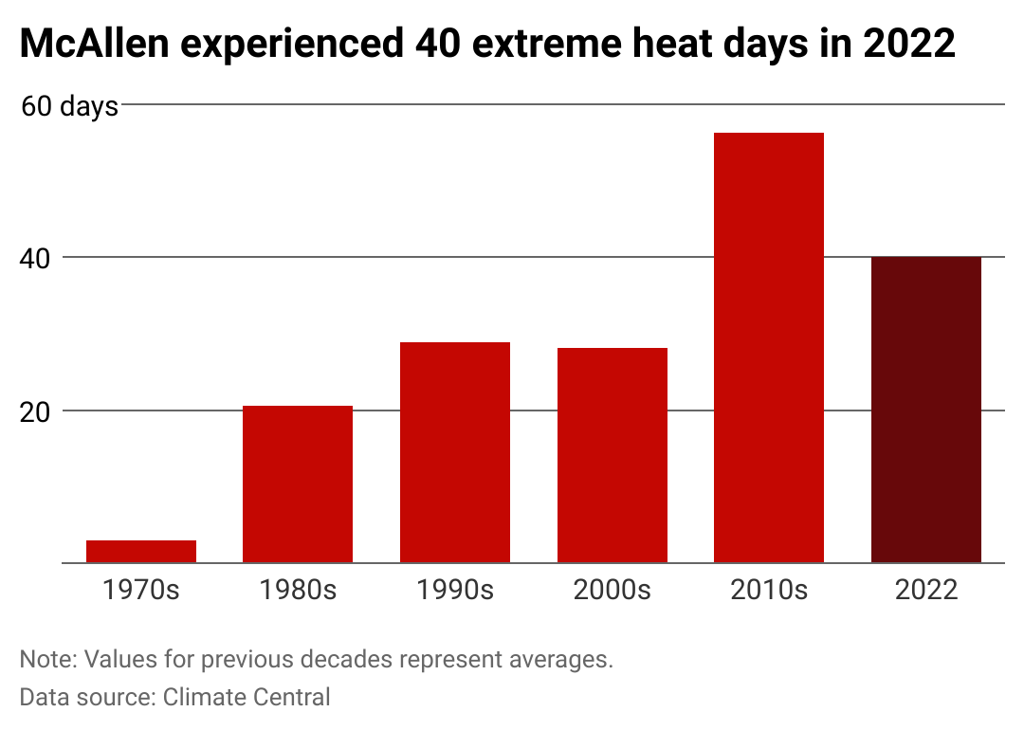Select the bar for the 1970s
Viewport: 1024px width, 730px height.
click(141, 552)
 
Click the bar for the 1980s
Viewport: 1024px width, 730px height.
click(298, 484)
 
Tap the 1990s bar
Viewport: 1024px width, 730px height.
click(455, 452)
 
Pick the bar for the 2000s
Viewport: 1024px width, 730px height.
click(612, 456)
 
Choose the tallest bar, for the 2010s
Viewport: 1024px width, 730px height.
click(769, 348)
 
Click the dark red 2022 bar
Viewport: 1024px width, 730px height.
click(926, 411)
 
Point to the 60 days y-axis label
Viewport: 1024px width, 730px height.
click(69, 106)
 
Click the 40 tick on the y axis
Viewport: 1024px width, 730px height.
click(35, 259)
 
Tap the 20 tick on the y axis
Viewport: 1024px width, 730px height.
click(35, 412)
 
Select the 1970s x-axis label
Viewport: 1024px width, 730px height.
click(141, 590)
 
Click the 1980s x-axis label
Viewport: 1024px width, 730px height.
click(298, 590)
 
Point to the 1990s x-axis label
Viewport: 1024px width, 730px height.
click(455, 590)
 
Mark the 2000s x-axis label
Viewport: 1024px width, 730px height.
click(612, 590)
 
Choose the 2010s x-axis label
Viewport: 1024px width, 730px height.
click(769, 590)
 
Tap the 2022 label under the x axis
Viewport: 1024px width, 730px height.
click(926, 590)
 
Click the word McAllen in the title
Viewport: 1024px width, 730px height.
click(95, 44)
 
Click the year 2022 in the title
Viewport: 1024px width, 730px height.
click(909, 44)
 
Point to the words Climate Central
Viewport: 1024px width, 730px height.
click(247, 697)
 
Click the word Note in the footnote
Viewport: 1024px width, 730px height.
click(49, 659)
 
